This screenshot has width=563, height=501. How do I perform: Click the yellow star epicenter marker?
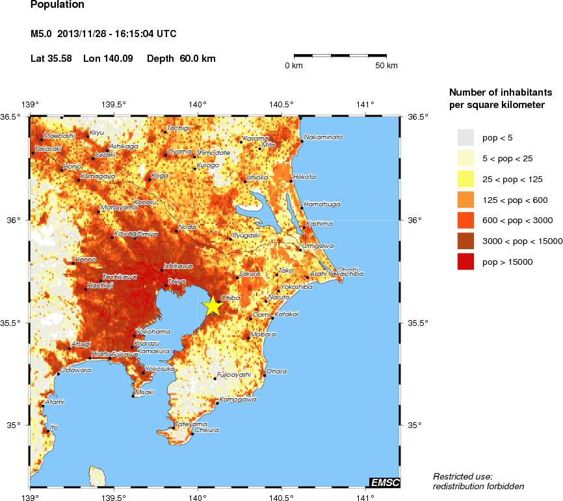213,306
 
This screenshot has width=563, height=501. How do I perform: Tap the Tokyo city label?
177,281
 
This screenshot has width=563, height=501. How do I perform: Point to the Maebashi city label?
59,135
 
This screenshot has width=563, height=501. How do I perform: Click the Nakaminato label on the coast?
323,137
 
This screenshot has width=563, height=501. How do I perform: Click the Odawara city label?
75,370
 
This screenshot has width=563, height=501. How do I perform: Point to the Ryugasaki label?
246,235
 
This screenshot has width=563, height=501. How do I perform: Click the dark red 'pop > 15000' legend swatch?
467,262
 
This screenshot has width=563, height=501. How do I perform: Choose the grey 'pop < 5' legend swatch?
467,137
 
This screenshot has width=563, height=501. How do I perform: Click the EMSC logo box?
384,482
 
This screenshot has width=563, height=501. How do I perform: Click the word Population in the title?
57,5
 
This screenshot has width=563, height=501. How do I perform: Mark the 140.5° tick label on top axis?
281,104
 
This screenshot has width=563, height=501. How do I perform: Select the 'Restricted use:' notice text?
462,476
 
